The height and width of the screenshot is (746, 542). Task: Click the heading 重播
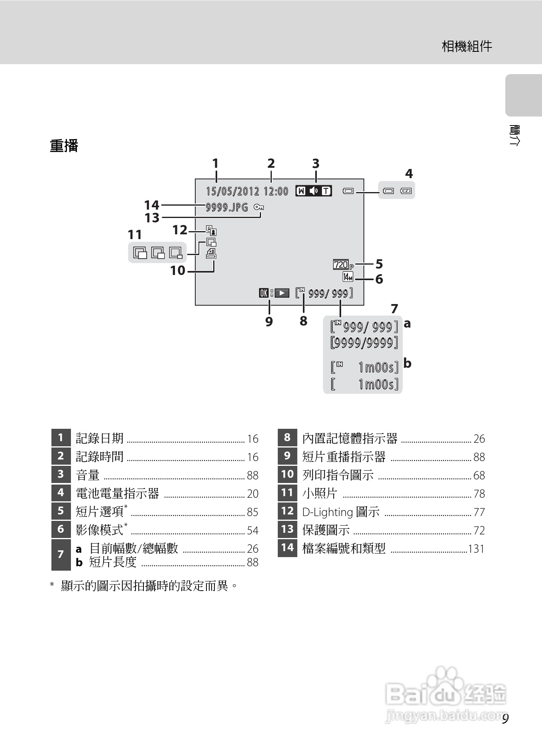point(64,146)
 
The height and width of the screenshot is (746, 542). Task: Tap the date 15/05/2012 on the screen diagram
point(232,192)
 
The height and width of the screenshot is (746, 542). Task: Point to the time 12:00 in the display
point(276,192)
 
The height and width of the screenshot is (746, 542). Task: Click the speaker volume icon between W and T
point(314,191)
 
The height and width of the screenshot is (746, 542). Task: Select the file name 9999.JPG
point(227,207)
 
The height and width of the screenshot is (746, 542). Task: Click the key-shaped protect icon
point(259,207)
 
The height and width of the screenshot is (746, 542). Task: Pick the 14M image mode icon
point(348,277)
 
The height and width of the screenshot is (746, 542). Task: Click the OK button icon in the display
point(264,293)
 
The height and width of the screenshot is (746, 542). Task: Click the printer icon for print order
point(212,254)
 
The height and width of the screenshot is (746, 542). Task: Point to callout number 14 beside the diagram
point(151,205)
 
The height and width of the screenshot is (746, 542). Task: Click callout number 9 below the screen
point(269,321)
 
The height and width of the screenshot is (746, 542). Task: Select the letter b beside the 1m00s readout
point(407,363)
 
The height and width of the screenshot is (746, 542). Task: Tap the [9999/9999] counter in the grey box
point(364,343)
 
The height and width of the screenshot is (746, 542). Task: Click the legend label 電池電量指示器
point(117,494)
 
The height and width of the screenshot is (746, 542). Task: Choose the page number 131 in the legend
point(476,549)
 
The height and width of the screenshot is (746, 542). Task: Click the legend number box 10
point(287,474)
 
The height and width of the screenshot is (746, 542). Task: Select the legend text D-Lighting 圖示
point(341,512)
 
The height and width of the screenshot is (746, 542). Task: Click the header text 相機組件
point(467,46)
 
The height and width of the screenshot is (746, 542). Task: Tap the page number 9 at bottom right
point(505,719)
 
